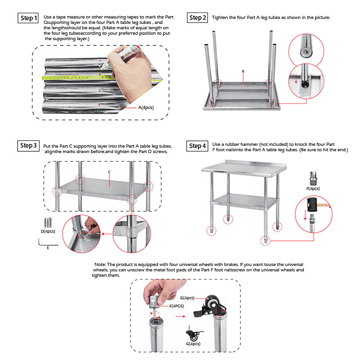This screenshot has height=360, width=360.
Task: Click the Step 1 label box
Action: (27, 18)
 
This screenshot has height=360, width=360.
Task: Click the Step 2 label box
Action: (198, 18)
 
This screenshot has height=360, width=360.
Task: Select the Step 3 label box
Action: (28, 146)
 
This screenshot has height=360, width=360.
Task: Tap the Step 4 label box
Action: (198, 146)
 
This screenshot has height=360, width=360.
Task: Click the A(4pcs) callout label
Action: (147, 108)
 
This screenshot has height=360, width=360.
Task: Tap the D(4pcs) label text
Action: (47, 231)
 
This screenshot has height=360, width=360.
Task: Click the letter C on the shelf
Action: (109, 172)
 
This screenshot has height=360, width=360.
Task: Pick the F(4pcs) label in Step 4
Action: (313, 188)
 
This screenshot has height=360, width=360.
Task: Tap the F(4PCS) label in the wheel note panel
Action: (177, 306)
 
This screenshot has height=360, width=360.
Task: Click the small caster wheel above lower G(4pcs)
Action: (194, 335)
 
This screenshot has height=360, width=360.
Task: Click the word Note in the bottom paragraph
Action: (100, 264)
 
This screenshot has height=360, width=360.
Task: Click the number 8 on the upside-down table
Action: (243, 72)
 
